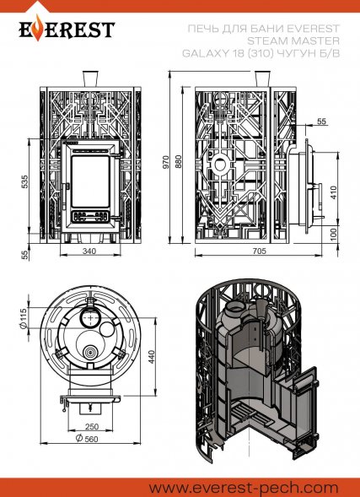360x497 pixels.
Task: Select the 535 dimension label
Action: (x=25, y=181)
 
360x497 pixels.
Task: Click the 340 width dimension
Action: (x=89, y=251)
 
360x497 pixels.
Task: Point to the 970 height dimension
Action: (x=166, y=160)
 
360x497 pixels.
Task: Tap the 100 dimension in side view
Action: (x=334, y=232)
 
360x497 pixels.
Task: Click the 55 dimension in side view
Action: (x=320, y=122)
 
